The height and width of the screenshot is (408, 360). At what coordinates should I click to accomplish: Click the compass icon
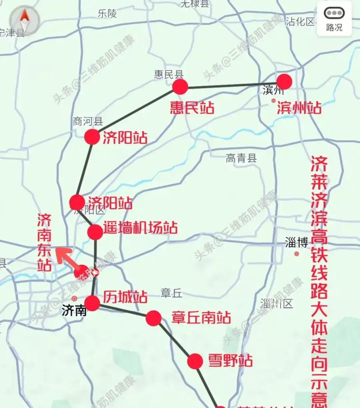pos(24,20)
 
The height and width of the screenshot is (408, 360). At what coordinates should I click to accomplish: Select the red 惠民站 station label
pos(192,108)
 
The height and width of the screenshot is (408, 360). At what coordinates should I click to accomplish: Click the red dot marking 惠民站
pos(180,87)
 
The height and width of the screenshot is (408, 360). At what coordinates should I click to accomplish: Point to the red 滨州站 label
pos(299,108)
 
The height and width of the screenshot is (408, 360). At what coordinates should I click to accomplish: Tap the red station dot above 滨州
pos(284,82)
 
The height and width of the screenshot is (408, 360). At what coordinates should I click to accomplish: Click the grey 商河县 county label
pos(88,121)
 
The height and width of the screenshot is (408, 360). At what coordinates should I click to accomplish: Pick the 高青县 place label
pos(241,158)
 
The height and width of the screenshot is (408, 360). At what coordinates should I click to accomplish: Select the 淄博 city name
pos(296,243)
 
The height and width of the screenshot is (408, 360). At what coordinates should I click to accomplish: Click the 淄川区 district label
pos(277,304)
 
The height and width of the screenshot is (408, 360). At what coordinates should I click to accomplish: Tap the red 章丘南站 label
pos(201,318)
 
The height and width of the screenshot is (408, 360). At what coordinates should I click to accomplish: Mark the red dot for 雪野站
pos(195,361)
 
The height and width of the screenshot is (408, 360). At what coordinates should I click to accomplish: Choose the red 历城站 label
pos(125,297)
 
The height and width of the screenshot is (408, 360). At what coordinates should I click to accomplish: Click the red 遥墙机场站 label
pos(140,228)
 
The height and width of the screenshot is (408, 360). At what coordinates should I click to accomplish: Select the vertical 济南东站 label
pos(44,242)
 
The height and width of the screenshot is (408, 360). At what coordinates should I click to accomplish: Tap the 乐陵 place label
pos(107,14)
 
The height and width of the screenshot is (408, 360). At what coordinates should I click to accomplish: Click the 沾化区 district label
pos(300,22)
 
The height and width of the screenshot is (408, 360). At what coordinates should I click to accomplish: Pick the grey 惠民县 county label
pos(169,74)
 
